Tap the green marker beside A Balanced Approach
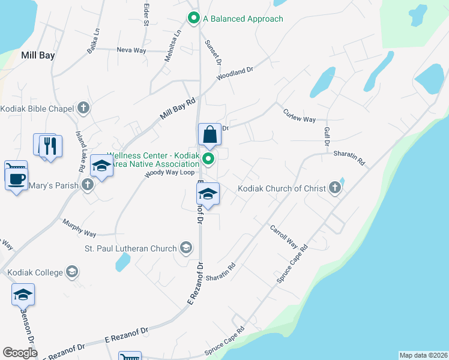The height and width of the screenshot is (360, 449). [193, 19]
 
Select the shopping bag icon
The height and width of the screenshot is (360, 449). [210, 135]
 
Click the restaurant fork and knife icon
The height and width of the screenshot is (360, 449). [50, 146]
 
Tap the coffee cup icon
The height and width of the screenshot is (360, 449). [16, 178]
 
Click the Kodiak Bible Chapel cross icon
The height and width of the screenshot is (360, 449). [83, 109]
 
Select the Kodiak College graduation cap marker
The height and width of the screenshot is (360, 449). [72, 272]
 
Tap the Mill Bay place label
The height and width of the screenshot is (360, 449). [38, 55]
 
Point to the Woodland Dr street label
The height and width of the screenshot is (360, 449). [235, 74]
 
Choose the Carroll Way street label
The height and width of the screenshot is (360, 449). [283, 236]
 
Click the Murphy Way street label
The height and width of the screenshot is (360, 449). [79, 228]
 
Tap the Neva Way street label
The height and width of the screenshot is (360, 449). [131, 50]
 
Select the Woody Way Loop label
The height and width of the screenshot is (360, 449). [170, 173]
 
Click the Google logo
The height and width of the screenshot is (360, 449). [20, 352]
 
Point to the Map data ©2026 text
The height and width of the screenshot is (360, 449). [423, 355]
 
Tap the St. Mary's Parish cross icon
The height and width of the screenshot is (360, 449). [88, 185]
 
